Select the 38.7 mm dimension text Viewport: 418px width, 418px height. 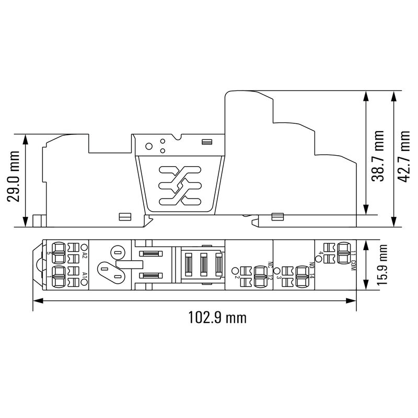tap(378, 156)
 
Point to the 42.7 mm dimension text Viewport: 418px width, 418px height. tap(404, 156)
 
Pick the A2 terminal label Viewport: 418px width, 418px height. tap(84, 256)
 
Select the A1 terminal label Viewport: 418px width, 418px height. tap(84, 274)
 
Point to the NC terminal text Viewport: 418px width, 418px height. tap(270, 265)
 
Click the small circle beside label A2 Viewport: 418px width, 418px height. tap(84, 247)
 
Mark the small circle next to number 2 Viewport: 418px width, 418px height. tap(236, 271)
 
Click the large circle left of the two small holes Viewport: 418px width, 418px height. tap(149, 147)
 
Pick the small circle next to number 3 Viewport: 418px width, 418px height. tap(277, 271)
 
